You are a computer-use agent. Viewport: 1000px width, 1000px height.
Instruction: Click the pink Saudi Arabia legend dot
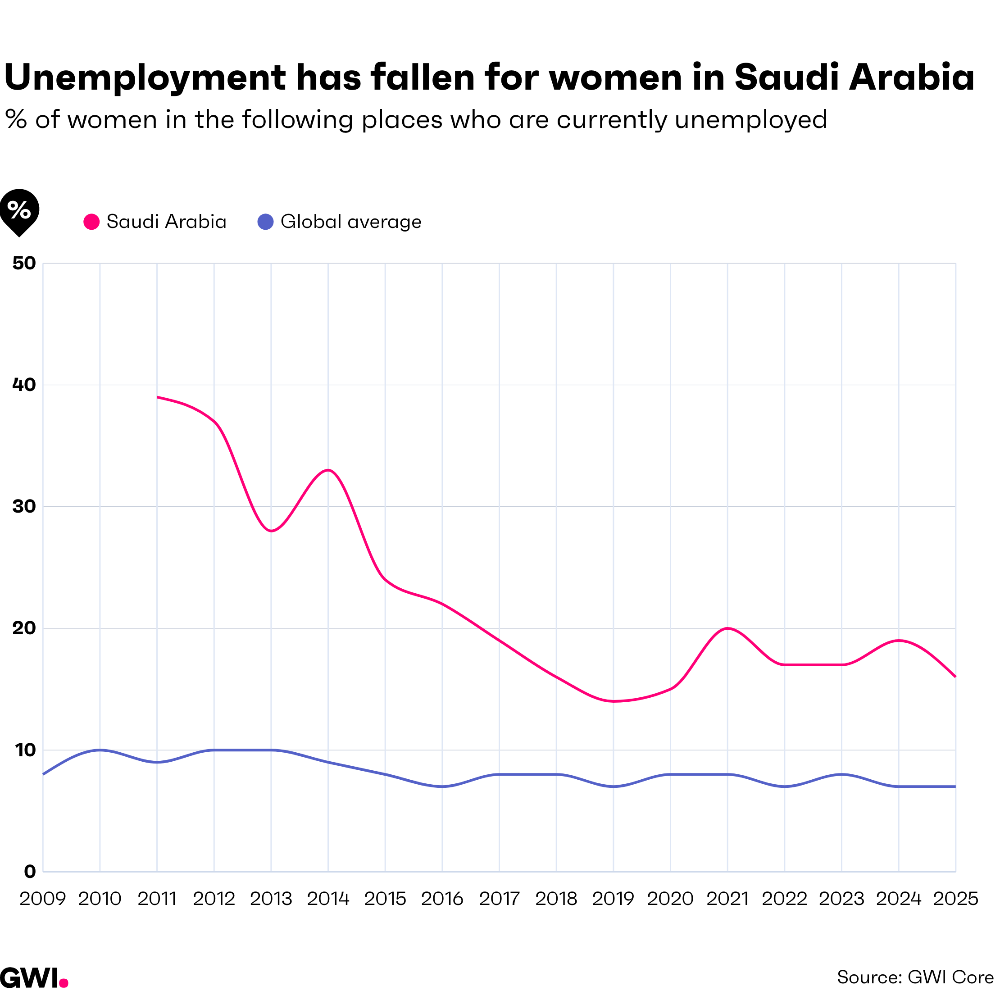click(x=91, y=222)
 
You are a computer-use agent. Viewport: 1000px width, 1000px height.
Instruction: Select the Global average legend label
click(x=351, y=222)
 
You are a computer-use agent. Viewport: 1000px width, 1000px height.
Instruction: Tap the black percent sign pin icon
click(x=19, y=211)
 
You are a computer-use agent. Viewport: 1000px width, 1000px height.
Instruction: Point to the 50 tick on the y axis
click(x=24, y=263)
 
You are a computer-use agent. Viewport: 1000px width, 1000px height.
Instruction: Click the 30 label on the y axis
click(x=24, y=507)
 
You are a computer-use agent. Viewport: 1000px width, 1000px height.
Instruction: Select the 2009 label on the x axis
click(x=42, y=899)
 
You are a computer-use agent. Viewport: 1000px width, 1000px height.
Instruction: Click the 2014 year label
click(x=328, y=899)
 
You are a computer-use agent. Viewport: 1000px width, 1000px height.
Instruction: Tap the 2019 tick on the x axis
click(x=614, y=899)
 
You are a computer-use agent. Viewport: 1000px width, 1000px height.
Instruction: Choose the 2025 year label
click(x=955, y=899)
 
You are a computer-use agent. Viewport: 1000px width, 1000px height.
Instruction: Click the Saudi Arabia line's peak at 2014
click(x=328, y=470)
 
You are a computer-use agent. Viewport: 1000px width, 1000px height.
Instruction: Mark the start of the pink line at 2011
click(x=157, y=397)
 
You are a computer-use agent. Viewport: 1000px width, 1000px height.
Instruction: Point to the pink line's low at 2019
click(x=614, y=701)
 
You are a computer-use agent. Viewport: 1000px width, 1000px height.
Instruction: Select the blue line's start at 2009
click(x=44, y=774)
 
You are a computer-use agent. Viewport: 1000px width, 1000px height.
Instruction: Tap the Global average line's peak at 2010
click(x=100, y=750)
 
